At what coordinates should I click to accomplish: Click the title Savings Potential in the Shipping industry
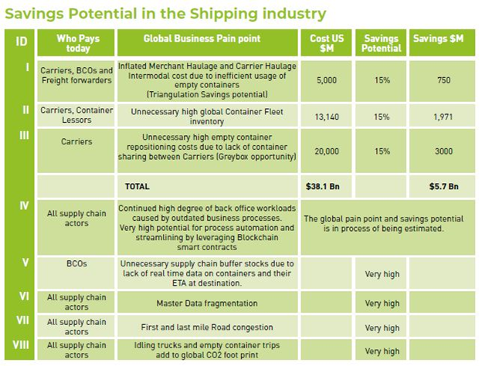(165, 14)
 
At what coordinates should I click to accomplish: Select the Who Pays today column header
(77, 43)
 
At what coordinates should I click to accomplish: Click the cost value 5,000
(324, 79)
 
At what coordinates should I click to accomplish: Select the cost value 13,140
(324, 117)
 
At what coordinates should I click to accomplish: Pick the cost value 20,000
(324, 151)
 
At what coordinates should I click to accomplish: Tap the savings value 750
(443, 79)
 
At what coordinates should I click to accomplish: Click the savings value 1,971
(443, 117)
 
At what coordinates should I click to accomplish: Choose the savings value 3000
(443, 151)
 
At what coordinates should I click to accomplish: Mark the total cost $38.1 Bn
(324, 186)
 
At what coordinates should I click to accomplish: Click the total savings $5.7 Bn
(443, 186)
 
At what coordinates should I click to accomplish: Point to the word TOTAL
(137, 186)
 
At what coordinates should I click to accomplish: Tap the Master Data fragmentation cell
(207, 303)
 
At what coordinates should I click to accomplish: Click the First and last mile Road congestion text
(207, 327)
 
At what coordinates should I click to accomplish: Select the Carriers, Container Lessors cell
(77, 116)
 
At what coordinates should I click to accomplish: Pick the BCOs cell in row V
(77, 263)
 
